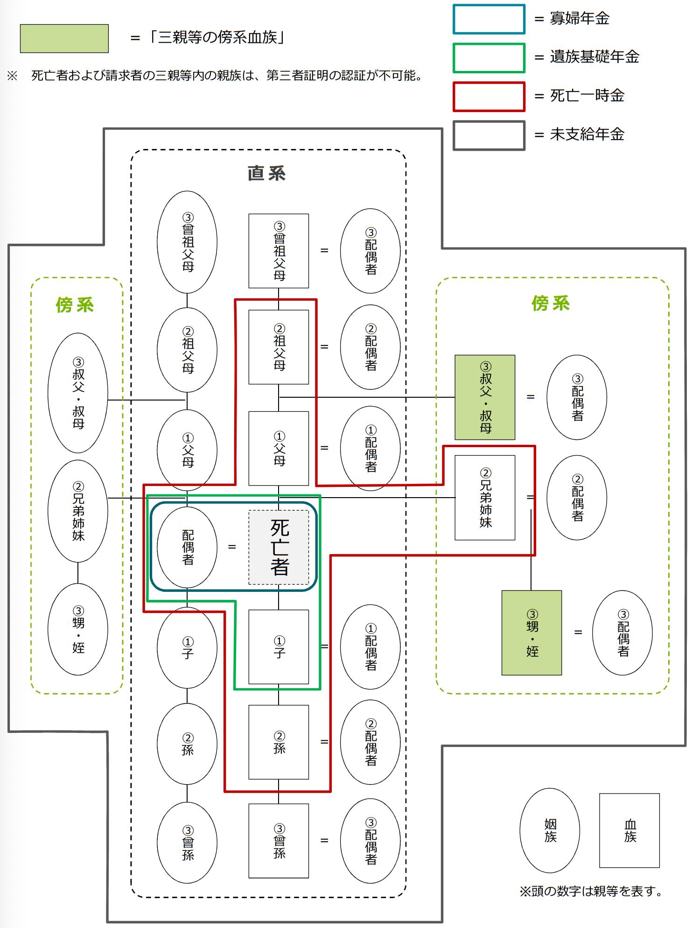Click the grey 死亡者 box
[279, 547]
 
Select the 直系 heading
[266, 173]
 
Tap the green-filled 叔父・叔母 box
[485, 397]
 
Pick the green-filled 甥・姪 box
[531, 633]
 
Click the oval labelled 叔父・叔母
[78, 393]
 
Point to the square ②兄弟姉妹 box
[485, 498]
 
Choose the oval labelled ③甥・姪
[78, 629]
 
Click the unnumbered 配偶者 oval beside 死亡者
[187, 547]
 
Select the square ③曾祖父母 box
[279, 251]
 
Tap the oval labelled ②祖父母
[187, 350]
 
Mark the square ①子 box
[279, 647]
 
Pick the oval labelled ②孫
[187, 744]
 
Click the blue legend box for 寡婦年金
[489, 19]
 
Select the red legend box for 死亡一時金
[489, 97]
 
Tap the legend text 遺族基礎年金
[594, 57]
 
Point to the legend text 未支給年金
[587, 134]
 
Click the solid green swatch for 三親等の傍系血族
[64, 38]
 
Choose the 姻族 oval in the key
[550, 830]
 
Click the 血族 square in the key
[629, 830]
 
